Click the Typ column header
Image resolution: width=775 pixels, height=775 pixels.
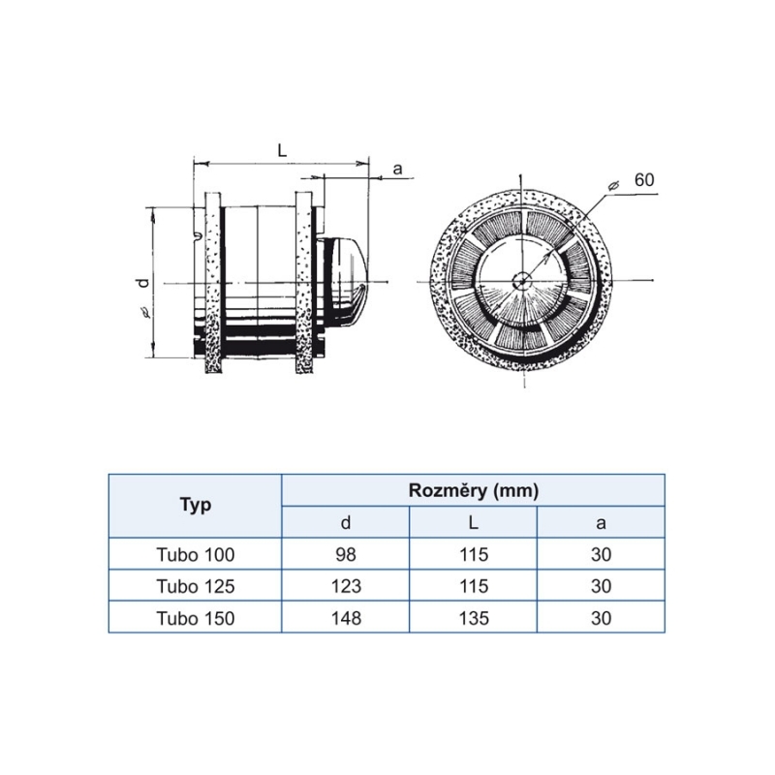click(196, 505)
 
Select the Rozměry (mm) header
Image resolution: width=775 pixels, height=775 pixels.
click(473, 490)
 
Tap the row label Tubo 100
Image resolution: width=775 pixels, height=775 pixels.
click(196, 554)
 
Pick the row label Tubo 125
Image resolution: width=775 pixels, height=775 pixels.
click(196, 586)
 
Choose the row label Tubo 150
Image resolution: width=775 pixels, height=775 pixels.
click(196, 618)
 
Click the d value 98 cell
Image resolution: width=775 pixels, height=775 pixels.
click(346, 554)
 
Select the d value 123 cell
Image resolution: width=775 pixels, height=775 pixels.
click(346, 586)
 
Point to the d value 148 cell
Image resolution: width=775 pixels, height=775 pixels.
click(346, 618)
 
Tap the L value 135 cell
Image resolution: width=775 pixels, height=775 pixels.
click(474, 618)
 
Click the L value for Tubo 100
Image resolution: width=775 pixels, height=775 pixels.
click(474, 554)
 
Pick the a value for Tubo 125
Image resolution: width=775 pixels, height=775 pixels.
click(601, 586)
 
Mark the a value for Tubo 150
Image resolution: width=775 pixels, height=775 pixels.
click(601, 618)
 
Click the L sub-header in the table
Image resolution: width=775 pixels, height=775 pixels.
click(474, 522)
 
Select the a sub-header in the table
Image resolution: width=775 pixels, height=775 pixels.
click(601, 523)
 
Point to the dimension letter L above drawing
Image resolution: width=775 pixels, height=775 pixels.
click(282, 150)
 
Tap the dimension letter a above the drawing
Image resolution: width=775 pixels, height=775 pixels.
click(397, 170)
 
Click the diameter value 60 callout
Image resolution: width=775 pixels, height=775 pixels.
click(644, 180)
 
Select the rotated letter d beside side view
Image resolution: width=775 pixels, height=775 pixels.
click(143, 283)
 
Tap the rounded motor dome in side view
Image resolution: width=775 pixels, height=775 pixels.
click(346, 283)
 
